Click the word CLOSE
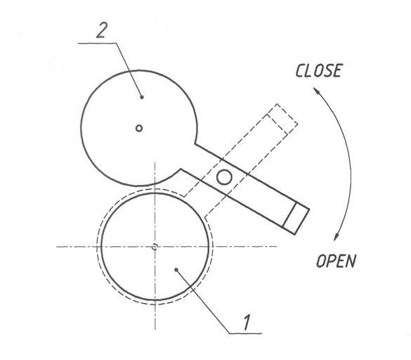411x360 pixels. pyautogui.click(x=319, y=70)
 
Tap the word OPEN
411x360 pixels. pyautogui.click(x=337, y=261)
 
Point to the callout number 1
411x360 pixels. pyautogui.click(x=247, y=322)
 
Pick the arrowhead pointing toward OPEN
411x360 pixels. pyautogui.click(x=337, y=237)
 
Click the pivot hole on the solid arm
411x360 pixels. pyautogui.click(x=224, y=177)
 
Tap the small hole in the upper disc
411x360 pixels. pyautogui.click(x=139, y=128)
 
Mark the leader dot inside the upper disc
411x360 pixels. pyautogui.click(x=142, y=97)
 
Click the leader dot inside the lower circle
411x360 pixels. pyautogui.click(x=176, y=269)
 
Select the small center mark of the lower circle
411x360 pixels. pyautogui.click(x=155, y=247)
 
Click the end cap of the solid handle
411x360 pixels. pyautogui.click(x=296, y=219)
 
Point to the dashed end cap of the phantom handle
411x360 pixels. pyautogui.click(x=282, y=119)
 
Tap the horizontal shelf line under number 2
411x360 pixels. pyautogui.click(x=97, y=43)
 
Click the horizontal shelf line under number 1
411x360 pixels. pyautogui.click(x=246, y=333)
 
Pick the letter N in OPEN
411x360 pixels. pyautogui.click(x=351, y=261)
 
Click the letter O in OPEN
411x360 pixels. pyautogui.click(x=321, y=261)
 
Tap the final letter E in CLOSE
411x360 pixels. pyautogui.click(x=337, y=70)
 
